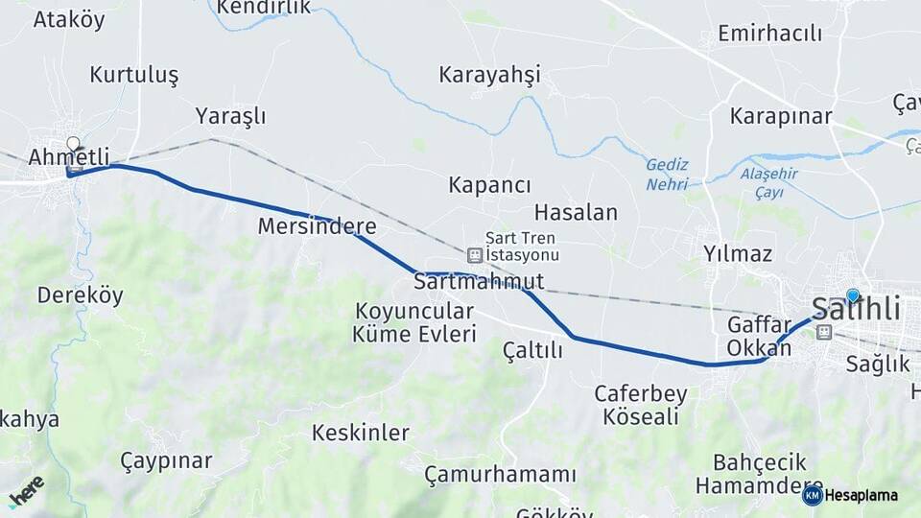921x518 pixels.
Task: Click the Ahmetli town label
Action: click(68, 156)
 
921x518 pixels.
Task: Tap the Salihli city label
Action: click(856, 309)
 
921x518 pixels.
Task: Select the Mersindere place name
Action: click(317, 227)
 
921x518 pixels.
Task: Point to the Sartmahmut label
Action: click(479, 282)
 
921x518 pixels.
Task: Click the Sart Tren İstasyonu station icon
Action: click(474, 255)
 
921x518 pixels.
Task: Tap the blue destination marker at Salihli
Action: click(853, 295)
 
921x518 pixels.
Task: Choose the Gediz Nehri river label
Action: click(667, 175)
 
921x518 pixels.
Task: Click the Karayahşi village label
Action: click(490, 75)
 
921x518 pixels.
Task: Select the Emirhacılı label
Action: click(770, 34)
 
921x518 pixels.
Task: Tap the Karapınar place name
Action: click(780, 117)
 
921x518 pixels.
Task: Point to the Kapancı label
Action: click(490, 185)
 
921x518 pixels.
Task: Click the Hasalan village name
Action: click(576, 212)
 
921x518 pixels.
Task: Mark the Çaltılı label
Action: click(532, 351)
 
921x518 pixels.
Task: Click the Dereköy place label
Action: click(81, 295)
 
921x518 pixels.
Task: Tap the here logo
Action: click(26, 491)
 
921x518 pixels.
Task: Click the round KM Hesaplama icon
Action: click(813, 495)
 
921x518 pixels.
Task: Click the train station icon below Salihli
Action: click(823, 332)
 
